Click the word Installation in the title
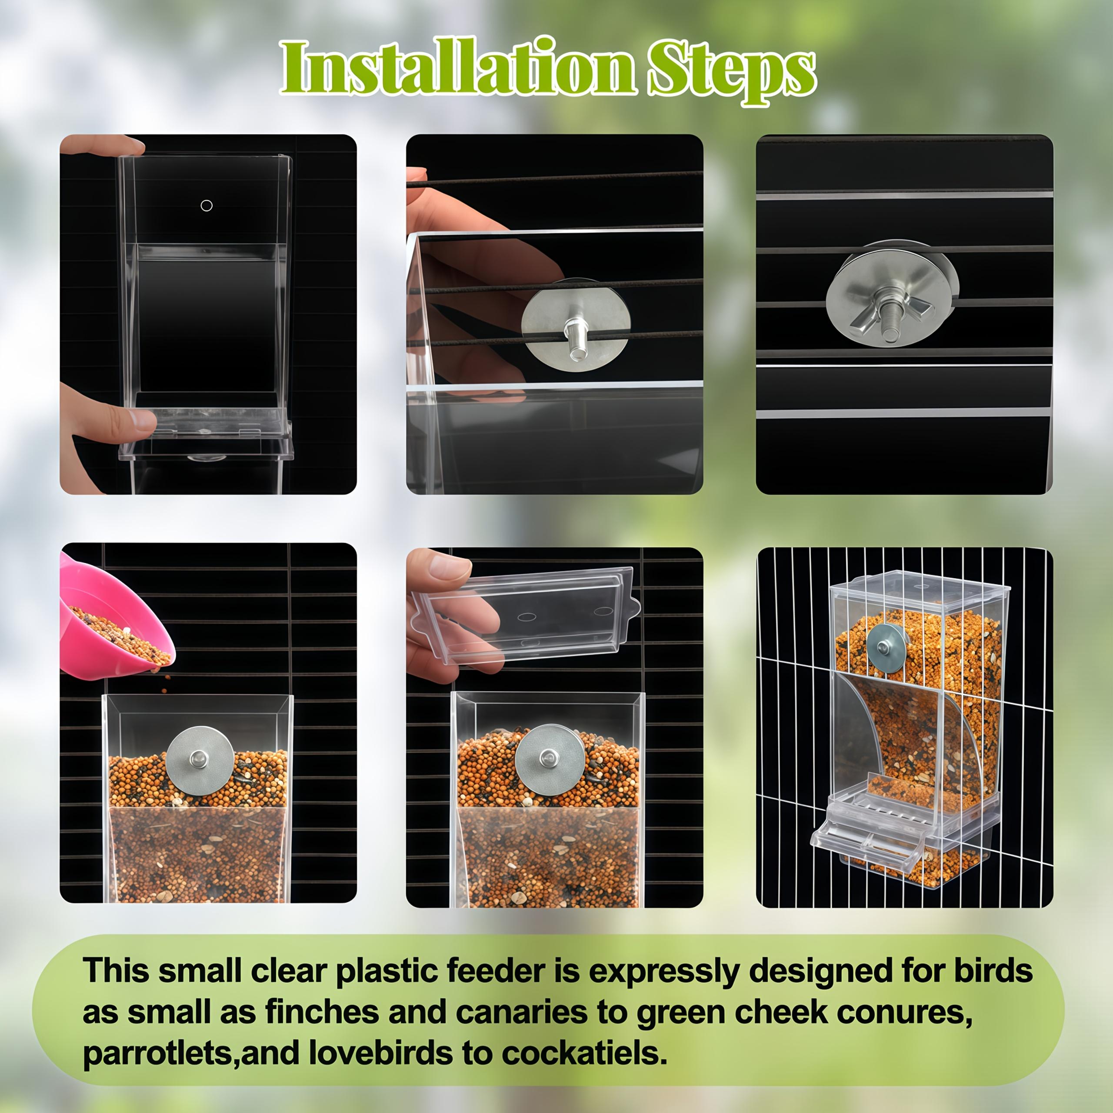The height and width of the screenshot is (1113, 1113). tap(458, 68)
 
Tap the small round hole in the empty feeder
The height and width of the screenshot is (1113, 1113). tap(206, 206)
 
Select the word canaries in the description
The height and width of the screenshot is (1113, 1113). tap(522, 1012)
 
